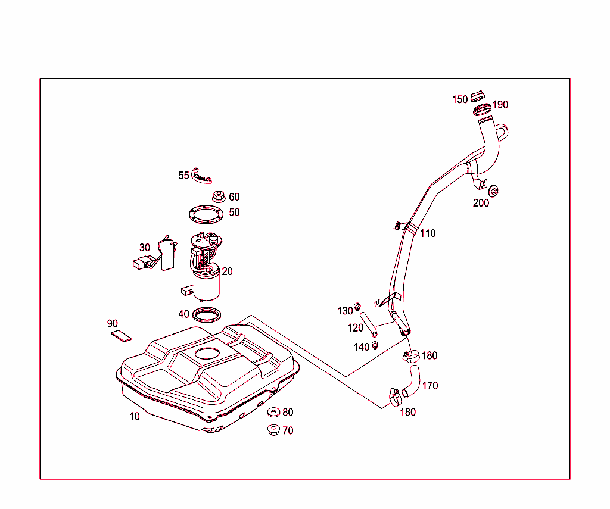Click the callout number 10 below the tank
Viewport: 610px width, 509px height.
[x=135, y=416]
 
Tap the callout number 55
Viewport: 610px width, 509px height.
[x=183, y=176]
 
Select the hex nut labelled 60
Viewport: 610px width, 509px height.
[x=217, y=196]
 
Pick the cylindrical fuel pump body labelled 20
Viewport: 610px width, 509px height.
[x=206, y=285]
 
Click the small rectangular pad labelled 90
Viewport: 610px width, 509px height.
[x=122, y=336]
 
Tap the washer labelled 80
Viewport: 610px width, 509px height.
[x=275, y=413]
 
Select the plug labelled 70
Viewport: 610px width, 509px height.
[x=275, y=430]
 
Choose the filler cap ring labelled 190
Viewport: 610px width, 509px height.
[x=481, y=110]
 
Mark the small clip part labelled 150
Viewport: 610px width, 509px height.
[x=477, y=96]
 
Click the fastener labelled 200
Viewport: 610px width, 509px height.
[x=494, y=191]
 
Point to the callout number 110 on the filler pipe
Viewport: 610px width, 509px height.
[x=428, y=233]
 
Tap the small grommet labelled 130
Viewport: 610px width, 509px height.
[x=357, y=307]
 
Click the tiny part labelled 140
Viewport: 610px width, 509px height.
[x=375, y=345]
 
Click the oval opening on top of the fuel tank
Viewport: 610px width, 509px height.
[x=207, y=353]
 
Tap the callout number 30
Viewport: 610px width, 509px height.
[x=145, y=248]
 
